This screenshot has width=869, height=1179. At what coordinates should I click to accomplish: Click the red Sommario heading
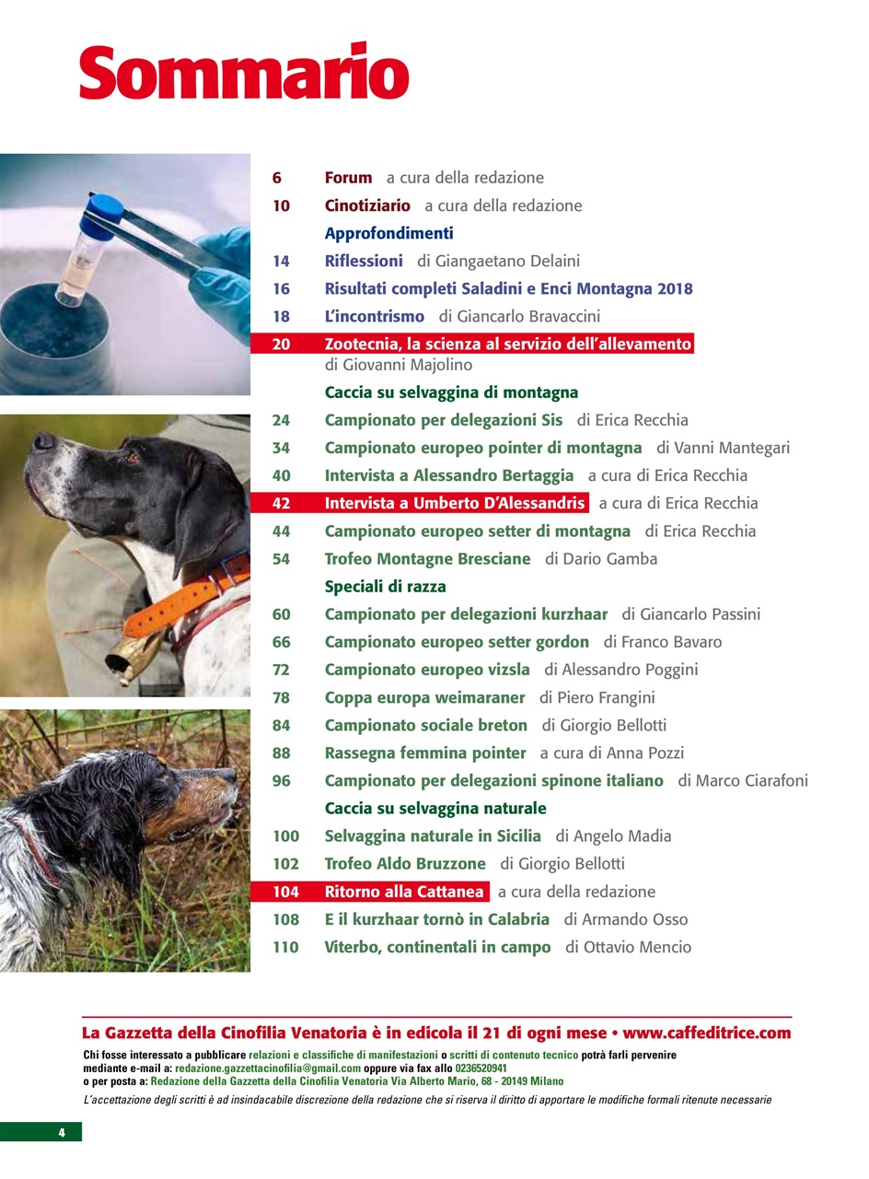point(244,72)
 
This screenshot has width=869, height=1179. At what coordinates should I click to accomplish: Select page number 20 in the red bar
point(282,344)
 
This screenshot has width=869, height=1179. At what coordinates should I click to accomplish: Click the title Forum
point(348,178)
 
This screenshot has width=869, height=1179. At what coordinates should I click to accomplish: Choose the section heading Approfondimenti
point(388,233)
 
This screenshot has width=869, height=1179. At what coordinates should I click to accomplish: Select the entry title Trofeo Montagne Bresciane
point(428,558)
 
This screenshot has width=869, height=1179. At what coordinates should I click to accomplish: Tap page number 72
point(282,670)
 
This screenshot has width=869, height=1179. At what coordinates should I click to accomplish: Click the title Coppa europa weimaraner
point(424,698)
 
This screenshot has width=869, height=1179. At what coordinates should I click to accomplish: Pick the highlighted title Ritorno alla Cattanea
point(404,892)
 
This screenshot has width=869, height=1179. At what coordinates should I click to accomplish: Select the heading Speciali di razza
point(385,587)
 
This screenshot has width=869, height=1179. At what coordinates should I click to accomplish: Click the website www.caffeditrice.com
point(706,1033)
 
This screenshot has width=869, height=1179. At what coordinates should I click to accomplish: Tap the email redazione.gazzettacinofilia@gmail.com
point(268,1068)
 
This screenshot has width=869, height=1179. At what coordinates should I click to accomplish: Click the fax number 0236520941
point(481,1068)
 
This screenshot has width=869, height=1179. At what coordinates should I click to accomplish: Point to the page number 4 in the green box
point(62,1132)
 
